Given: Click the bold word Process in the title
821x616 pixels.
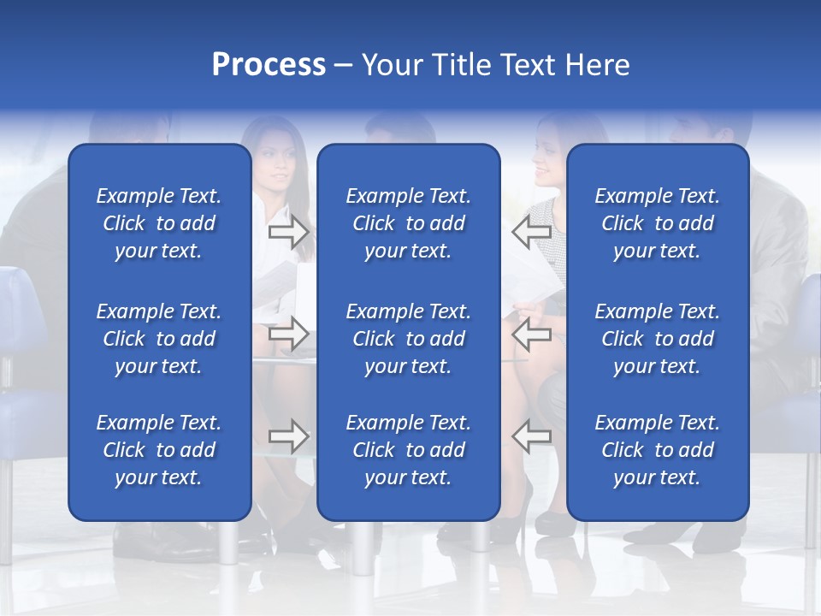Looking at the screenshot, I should tap(269, 65).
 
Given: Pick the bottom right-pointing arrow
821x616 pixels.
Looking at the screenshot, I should tap(289, 436).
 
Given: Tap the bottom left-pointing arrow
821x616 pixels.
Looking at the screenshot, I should tap(532, 436).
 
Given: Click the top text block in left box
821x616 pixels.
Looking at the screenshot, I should tap(159, 223).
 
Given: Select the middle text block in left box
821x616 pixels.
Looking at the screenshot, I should tap(159, 339).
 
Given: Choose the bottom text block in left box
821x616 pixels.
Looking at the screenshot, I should tap(159, 450).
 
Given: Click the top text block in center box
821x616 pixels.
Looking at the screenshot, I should tap(409, 223).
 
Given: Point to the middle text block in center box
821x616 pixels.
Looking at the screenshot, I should tap(409, 339).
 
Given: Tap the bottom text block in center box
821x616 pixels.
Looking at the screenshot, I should tap(409, 450).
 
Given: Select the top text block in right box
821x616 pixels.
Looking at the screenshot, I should tap(658, 223).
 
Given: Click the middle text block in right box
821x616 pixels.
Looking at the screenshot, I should tap(658, 339).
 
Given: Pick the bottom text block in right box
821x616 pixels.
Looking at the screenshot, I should tap(658, 450).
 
